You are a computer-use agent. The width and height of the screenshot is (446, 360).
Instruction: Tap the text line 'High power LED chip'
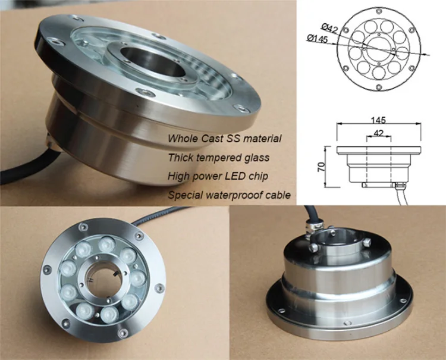coord(218,176)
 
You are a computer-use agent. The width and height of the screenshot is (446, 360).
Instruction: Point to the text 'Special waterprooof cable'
coord(228,195)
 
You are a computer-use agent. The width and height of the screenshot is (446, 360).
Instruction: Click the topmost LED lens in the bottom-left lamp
coord(106,243)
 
